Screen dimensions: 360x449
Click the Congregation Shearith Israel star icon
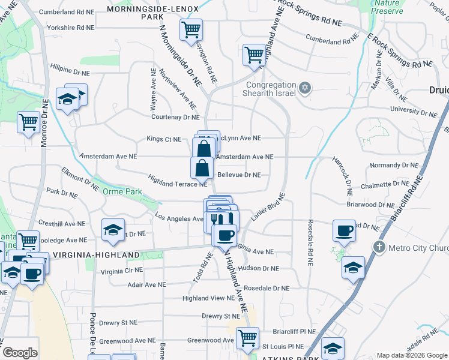304,88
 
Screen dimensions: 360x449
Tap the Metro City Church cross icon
379,247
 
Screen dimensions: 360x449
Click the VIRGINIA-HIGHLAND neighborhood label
97,254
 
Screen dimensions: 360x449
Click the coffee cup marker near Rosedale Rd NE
345,230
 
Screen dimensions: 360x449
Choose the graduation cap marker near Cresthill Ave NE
113,230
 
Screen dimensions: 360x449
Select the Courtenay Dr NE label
175,118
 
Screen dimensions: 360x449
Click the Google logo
20,352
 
